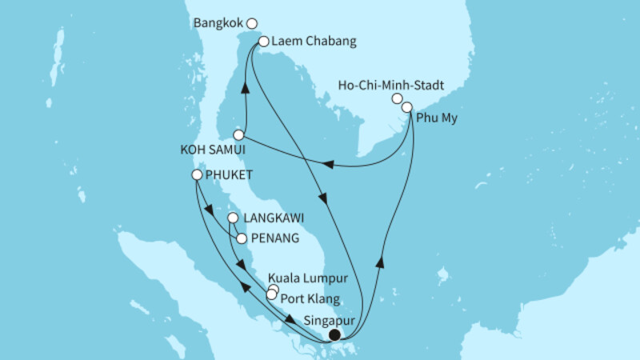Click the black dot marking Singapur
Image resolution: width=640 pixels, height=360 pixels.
tap(335, 335)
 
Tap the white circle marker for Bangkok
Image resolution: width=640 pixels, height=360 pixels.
tap(252, 24)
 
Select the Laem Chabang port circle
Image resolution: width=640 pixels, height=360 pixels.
tap(263, 41)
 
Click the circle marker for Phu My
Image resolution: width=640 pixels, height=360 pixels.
tap(407, 107)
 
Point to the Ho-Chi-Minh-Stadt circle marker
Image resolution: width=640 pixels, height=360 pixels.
tap(397, 98)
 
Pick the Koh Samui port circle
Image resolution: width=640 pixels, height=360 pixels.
tap(238, 135)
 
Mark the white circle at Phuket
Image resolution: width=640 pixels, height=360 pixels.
tap(197, 174)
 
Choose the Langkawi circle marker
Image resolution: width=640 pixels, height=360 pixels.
tap(232, 218)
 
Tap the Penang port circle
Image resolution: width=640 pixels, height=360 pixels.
tap(241, 238)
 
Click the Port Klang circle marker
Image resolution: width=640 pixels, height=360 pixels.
tap(271, 296)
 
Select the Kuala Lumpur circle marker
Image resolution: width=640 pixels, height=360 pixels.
tap(274, 289)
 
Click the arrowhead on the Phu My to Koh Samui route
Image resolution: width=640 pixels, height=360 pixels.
tap(327, 166)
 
